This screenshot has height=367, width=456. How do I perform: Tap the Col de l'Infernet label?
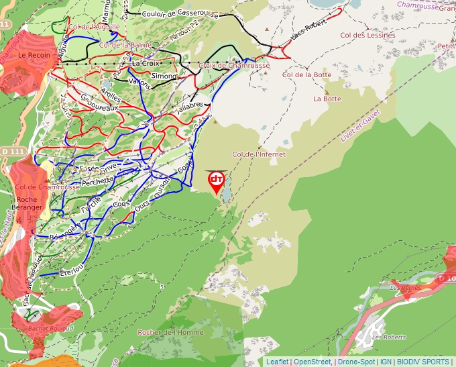(258, 154)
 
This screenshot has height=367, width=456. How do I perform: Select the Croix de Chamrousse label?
(234, 66)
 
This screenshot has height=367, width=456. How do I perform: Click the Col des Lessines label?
(367, 35)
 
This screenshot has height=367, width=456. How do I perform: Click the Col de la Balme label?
(125, 45)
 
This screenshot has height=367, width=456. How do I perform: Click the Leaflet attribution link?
(277, 362)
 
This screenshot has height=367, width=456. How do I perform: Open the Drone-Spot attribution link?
(356, 362)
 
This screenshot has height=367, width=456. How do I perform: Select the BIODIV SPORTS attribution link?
(424, 362)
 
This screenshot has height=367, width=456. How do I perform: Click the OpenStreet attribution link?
(312, 362)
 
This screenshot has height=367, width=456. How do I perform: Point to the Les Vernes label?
(404, 288)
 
